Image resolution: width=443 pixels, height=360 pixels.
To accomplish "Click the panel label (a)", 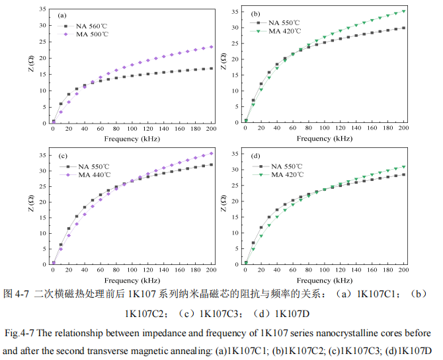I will point(62,15).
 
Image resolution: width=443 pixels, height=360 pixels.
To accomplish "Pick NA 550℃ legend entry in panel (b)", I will point(286,22).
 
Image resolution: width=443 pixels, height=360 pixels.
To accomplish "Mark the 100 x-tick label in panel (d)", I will point(325,271).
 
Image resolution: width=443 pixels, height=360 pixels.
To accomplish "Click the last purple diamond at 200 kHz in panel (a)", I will point(212,47).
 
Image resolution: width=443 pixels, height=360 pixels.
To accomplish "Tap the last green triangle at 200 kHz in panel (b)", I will point(404,11).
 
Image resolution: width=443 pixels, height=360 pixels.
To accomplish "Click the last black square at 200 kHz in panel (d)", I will point(404,174).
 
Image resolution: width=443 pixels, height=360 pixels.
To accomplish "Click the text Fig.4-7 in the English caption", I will point(19,332).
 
